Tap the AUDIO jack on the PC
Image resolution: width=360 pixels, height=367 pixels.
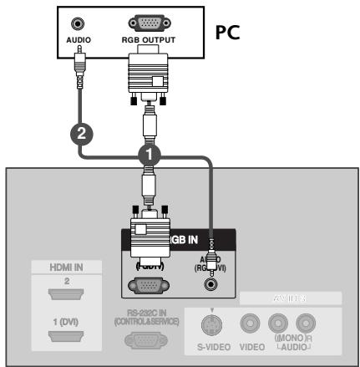(x=80, y=25)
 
